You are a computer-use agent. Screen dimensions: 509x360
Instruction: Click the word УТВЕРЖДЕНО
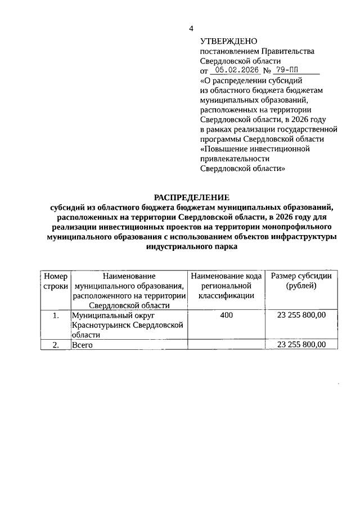point(228,41)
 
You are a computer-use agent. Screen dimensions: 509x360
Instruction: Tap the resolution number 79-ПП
point(286,71)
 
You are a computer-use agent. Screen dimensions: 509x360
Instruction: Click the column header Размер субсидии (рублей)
point(301,281)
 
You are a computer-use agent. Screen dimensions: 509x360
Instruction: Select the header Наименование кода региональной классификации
point(226,286)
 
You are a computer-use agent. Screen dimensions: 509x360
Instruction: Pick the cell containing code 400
point(226,316)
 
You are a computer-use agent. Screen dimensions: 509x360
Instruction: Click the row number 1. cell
point(55,316)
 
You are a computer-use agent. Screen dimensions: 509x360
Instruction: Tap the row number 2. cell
point(55,345)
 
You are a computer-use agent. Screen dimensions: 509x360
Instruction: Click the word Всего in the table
point(82,345)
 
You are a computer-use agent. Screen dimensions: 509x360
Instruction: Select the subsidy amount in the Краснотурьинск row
point(301,316)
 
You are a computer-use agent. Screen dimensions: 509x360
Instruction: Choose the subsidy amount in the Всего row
point(301,345)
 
